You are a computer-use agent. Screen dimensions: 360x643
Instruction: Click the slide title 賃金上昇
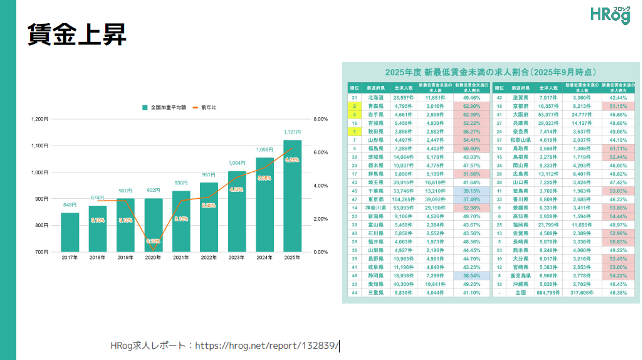(x=77, y=34)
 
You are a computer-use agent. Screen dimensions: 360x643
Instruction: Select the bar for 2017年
(x=70, y=232)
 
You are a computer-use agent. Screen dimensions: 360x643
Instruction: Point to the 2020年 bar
(x=153, y=225)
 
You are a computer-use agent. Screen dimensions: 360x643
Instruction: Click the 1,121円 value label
(x=292, y=132)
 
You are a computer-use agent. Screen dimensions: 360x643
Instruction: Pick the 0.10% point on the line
(x=153, y=250)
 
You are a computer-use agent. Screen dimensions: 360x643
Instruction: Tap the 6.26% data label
(x=292, y=160)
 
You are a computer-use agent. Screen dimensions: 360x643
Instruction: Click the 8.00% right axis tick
(x=320, y=119)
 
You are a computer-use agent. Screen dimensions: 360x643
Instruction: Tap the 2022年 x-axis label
(x=209, y=257)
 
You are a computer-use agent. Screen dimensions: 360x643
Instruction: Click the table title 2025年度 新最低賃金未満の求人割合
(x=490, y=72)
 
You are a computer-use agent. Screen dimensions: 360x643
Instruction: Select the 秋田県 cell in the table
(x=375, y=132)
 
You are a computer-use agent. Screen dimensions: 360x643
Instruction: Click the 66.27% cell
(x=471, y=132)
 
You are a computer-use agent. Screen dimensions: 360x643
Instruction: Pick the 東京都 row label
(x=375, y=199)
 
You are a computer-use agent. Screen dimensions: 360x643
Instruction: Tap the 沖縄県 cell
(x=521, y=284)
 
